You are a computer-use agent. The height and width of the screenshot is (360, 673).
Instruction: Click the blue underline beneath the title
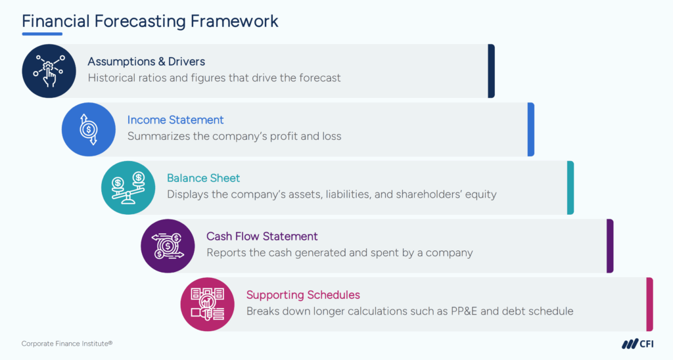pos(42,34)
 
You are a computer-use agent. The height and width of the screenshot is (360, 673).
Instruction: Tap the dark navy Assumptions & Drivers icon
pos(49,71)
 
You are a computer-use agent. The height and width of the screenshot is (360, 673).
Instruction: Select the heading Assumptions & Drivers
pos(147,62)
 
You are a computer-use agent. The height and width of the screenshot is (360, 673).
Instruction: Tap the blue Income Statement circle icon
pos(88,129)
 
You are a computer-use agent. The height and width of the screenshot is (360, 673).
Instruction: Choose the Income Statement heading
pos(175,120)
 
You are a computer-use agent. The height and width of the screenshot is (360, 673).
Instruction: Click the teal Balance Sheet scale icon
pos(128,187)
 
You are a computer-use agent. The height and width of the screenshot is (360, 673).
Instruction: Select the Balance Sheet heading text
pos(203,178)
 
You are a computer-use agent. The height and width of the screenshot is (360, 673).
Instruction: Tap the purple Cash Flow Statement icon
pos(168,246)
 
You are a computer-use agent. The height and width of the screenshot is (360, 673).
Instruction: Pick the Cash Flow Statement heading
pos(262,236)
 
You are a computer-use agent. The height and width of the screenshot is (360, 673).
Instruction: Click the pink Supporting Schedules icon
pos(207,304)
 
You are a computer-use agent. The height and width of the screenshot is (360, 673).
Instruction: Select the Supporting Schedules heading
pos(303,294)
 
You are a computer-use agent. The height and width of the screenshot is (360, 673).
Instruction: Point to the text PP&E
pos(461,311)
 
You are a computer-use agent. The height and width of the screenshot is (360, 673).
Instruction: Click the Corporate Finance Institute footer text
pos(67,344)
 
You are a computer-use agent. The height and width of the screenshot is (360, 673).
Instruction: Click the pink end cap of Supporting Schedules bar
pos(649,304)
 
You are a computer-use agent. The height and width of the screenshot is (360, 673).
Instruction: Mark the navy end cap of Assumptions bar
pos(491,71)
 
